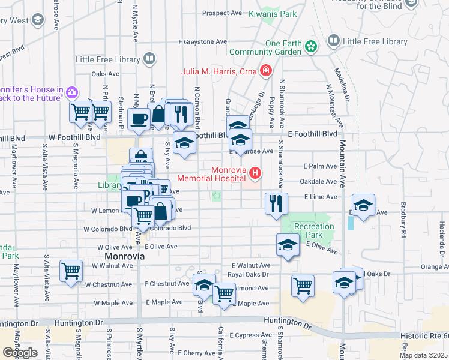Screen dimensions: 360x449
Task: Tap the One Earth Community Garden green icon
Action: (x=311, y=47)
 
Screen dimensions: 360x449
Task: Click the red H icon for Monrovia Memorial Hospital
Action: (x=256, y=174)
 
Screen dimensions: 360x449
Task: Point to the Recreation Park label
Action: (x=314, y=230)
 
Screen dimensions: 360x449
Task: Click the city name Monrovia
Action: (x=121, y=256)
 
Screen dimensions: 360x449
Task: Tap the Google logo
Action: (x=20, y=352)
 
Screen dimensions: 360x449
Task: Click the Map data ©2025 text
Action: (x=423, y=355)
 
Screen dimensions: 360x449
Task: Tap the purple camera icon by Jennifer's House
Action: (x=72, y=92)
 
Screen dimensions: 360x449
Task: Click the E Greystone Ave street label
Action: (x=203, y=42)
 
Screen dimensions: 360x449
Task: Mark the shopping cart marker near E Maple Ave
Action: (x=224, y=293)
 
